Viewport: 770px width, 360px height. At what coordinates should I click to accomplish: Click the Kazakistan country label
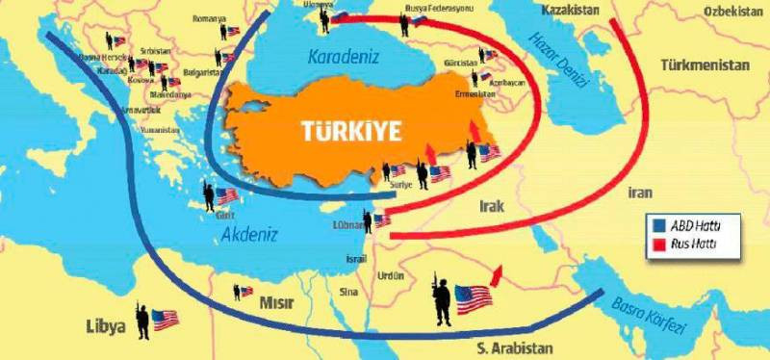570,10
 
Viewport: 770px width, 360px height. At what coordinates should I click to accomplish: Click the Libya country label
105,326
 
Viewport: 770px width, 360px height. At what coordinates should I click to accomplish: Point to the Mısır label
275,303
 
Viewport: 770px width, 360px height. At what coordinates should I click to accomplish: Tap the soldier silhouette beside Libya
141,321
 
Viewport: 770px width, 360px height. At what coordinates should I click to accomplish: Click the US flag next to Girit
226,197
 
